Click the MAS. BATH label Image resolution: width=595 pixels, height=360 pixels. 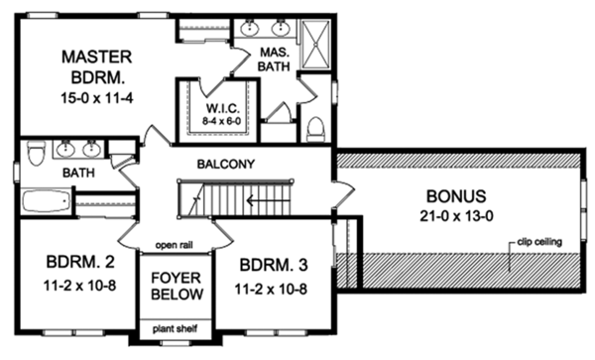(x=275, y=59)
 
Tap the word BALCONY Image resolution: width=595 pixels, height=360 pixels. (x=227, y=164)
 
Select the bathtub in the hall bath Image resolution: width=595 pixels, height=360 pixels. (x=43, y=202)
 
